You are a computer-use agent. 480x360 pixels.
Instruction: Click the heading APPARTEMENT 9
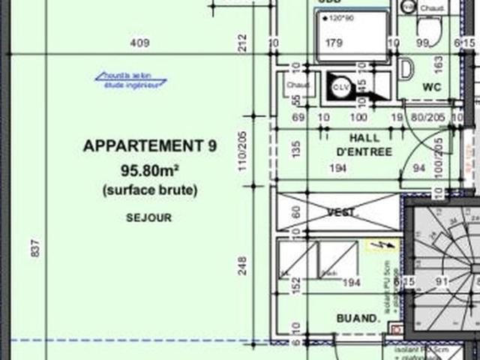(x=150, y=146)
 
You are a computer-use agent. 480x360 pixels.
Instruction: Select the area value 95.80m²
(x=150, y=169)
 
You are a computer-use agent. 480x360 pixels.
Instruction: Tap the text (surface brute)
(x=150, y=190)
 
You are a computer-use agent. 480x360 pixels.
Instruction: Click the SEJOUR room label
(x=149, y=217)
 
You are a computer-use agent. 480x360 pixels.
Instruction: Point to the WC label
(x=430, y=87)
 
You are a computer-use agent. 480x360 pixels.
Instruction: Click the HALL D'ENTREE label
(x=364, y=145)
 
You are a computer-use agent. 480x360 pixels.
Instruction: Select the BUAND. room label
(x=357, y=318)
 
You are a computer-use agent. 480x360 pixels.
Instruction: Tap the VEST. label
(x=342, y=212)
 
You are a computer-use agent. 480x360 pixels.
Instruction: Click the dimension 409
(x=139, y=43)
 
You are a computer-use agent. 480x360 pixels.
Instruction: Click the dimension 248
(x=242, y=265)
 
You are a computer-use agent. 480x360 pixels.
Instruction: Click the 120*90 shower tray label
(x=339, y=17)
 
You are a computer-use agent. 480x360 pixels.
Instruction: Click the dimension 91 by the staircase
(x=442, y=283)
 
